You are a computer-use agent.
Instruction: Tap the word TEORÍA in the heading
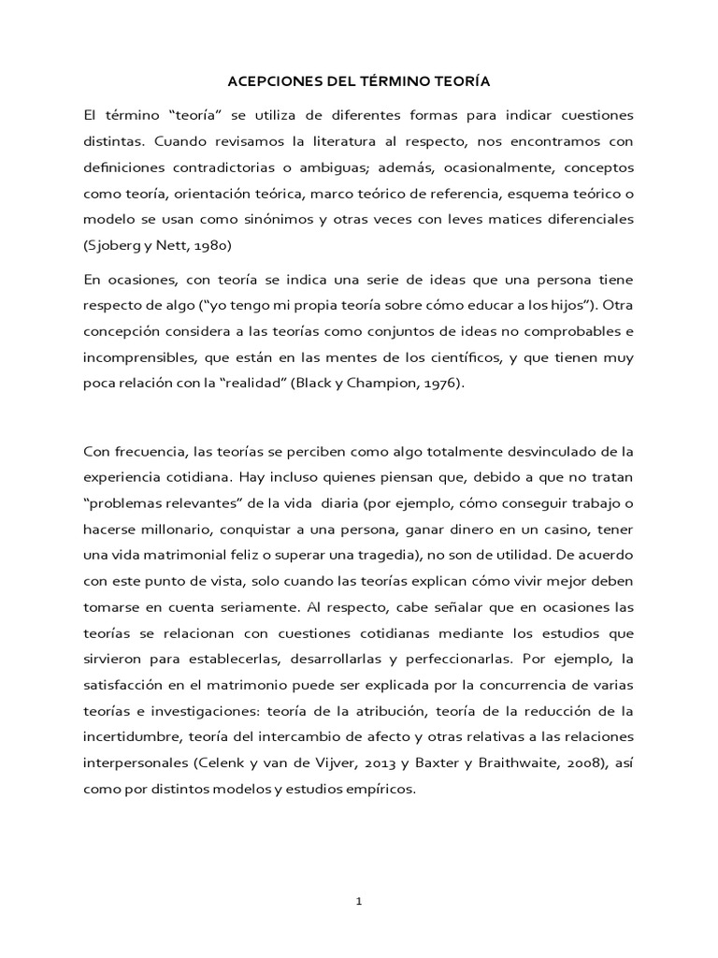[462, 82]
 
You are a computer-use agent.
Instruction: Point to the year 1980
[210, 244]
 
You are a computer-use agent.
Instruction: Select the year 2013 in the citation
[380, 762]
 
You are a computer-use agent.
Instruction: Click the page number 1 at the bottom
[359, 902]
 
